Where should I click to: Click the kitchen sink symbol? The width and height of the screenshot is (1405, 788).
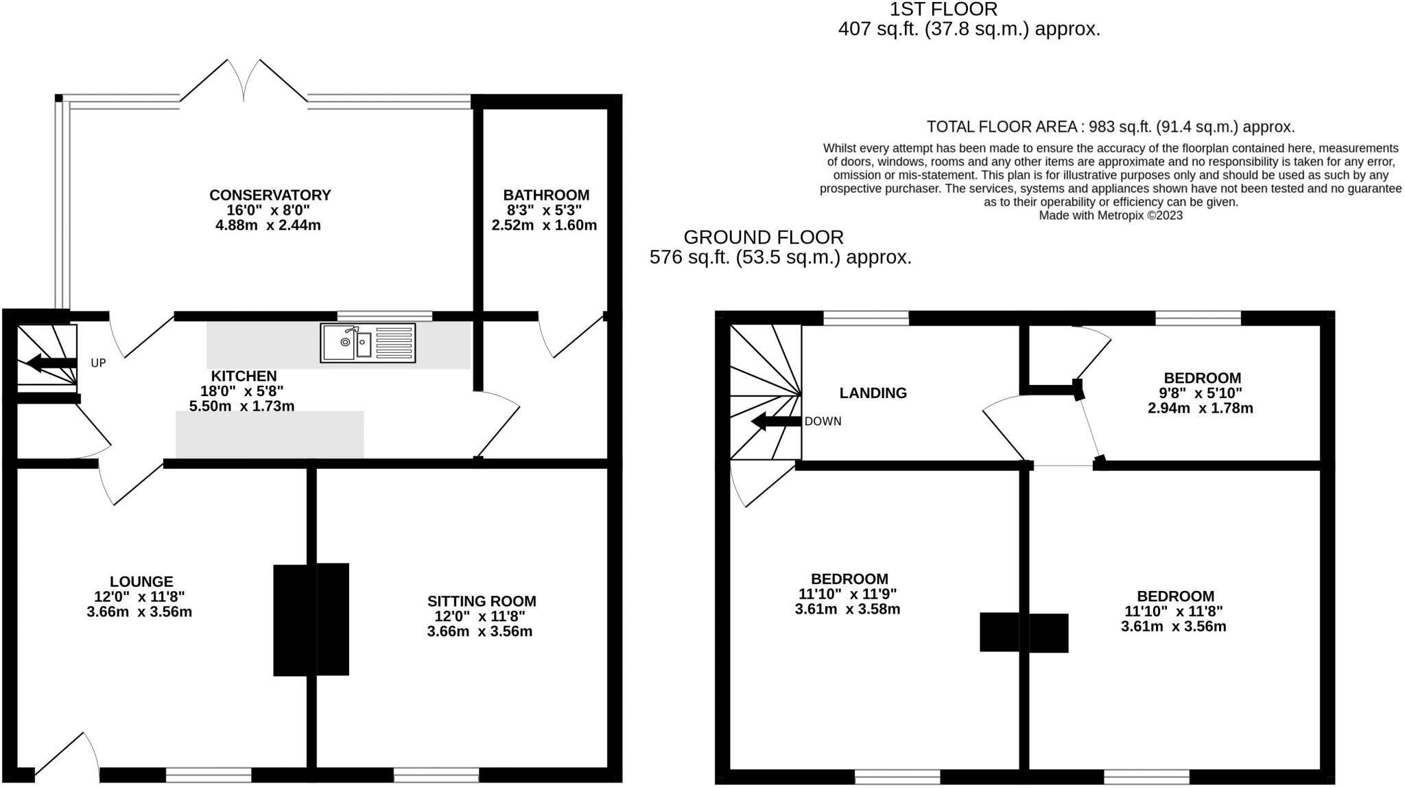tap(368, 343)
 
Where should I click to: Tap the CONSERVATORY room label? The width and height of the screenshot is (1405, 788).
tap(270, 195)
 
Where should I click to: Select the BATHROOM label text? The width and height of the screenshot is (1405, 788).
tap(545, 195)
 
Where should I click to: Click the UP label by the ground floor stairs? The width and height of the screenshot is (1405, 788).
tap(98, 362)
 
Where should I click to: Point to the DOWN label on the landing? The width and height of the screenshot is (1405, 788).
tap(823, 421)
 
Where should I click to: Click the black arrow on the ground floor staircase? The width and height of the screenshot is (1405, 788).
tap(52, 363)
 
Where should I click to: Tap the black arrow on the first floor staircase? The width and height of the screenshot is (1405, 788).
tap(776, 421)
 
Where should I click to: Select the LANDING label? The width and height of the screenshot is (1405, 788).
tap(873, 393)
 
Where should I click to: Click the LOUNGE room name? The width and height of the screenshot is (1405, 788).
tap(141, 581)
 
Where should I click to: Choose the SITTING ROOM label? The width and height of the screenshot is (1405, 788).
tap(482, 601)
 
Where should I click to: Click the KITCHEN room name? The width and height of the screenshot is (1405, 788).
tap(244, 376)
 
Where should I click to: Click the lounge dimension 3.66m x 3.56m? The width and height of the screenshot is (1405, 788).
tap(139, 612)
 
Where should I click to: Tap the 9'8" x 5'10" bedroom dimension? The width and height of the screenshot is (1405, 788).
tap(1200, 393)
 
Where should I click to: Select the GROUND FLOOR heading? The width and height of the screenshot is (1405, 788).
tap(764, 237)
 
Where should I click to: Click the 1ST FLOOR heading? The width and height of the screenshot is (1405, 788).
tap(943, 10)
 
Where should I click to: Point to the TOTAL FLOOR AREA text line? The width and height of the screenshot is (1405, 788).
tap(1110, 127)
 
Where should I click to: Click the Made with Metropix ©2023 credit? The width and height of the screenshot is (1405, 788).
tap(1111, 216)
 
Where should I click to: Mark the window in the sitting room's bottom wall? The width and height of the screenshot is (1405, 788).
tap(436, 775)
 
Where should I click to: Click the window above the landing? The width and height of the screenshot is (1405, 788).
tap(866, 317)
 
